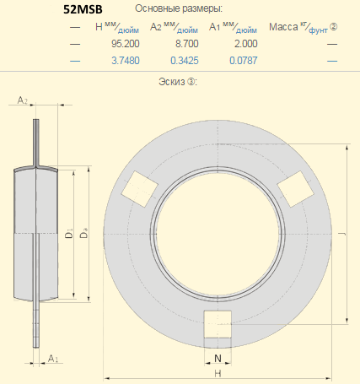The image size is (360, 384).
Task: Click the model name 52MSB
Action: click(x=83, y=9)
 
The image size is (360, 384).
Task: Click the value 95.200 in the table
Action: click(x=126, y=44)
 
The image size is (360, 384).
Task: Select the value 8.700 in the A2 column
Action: click(x=187, y=44)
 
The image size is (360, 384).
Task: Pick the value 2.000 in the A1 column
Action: click(x=246, y=44)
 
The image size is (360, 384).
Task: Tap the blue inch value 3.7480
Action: click(x=126, y=61)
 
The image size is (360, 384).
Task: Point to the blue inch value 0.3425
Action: click(x=185, y=61)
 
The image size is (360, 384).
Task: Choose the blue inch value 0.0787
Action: click(x=244, y=61)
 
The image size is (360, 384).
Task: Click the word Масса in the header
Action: click(x=283, y=27)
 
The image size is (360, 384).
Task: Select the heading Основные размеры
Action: click(x=179, y=8)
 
